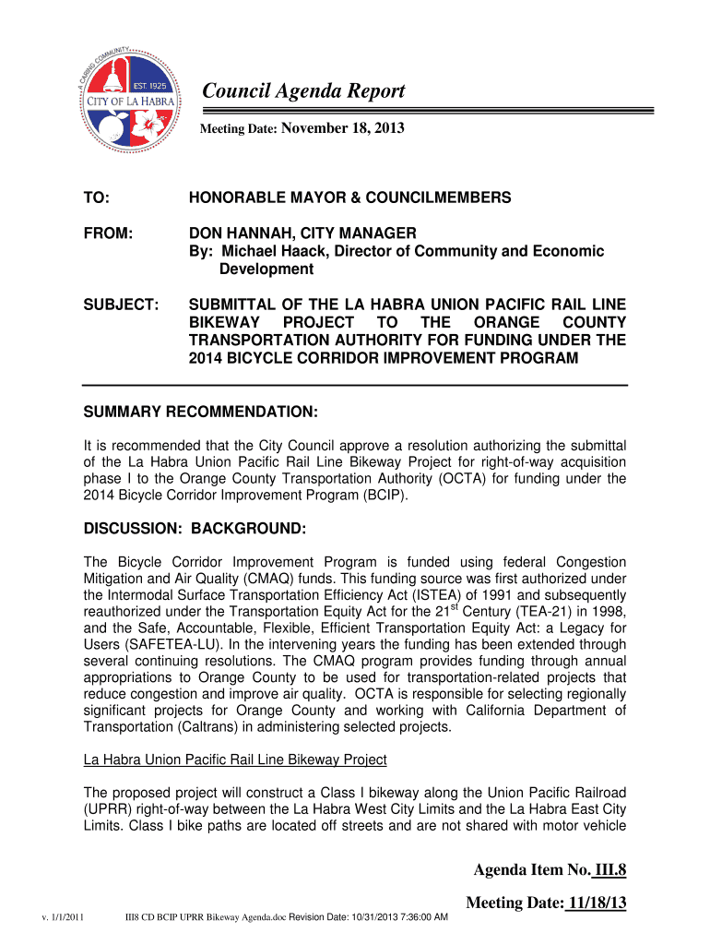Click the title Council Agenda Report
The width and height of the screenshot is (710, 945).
[303, 91]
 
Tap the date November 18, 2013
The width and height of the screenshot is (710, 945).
[342, 129]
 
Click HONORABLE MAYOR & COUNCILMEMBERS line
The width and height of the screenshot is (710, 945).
[349, 198]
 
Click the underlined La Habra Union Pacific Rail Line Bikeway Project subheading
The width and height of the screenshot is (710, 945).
[235, 760]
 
